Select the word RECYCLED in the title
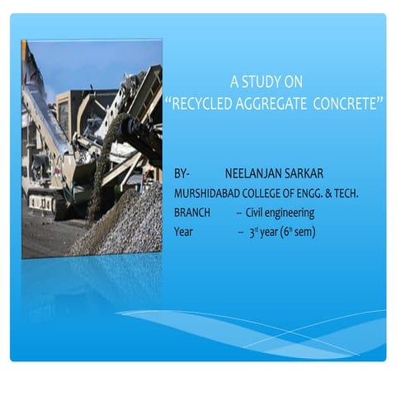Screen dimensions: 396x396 (201, 105)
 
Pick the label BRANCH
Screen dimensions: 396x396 (192, 213)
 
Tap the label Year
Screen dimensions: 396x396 (183, 232)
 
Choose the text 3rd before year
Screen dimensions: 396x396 (254, 232)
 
